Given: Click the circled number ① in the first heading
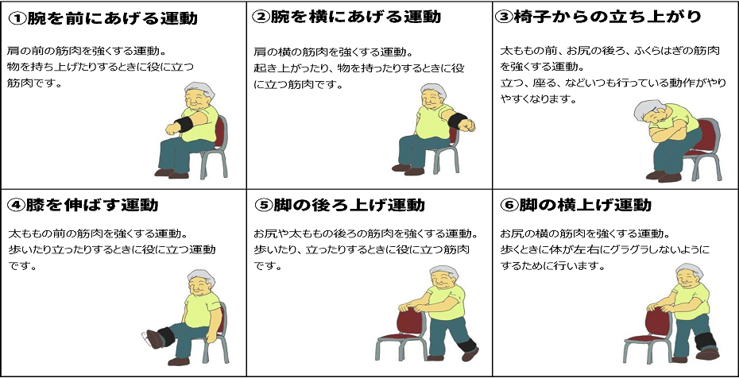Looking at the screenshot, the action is [17, 18].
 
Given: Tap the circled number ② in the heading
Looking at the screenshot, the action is [260, 17].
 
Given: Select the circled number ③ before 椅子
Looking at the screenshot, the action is [504, 17].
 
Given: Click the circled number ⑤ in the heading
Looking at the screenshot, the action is [261, 205].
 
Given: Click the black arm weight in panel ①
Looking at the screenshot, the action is [184, 125].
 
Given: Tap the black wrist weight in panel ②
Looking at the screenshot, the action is [456, 121].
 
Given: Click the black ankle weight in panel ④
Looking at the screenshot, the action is [166, 337].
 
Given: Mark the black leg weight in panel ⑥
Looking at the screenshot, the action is [706, 341].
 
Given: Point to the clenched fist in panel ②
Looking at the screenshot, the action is [467, 125].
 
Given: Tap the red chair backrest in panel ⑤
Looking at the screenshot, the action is [410, 321].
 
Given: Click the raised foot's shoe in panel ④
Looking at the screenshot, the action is [153, 338].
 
